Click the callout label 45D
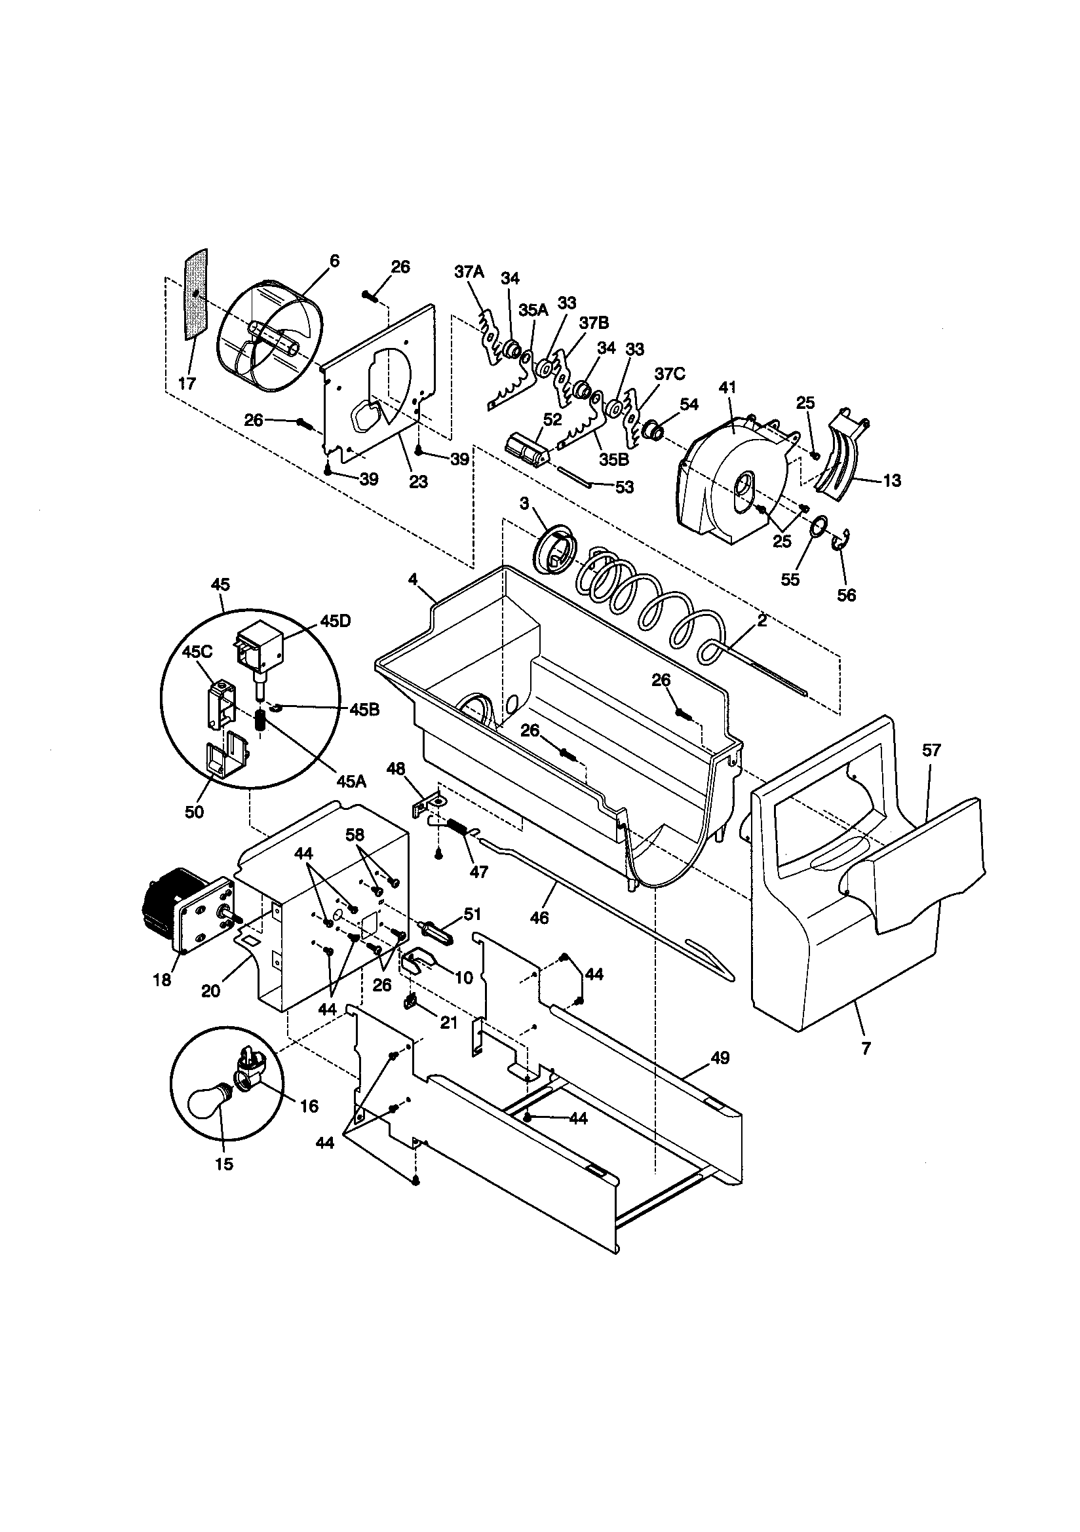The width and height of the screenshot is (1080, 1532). pos(334,620)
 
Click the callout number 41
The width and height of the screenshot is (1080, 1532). pos(727,387)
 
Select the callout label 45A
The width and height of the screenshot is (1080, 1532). pos(352,780)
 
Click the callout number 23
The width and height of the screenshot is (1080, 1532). pos(418,482)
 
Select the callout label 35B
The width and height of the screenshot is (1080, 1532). pos(613,460)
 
